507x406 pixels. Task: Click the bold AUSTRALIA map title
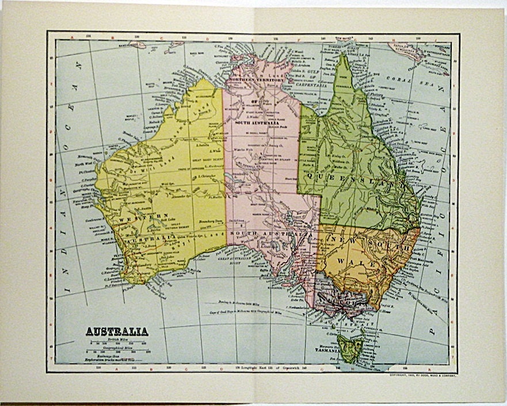[x=117, y=331]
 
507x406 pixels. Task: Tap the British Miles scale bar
[x=117, y=344]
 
